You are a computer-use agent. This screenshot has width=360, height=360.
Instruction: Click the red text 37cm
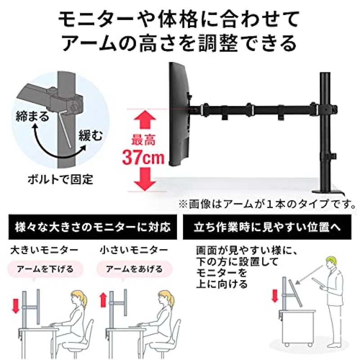pos(144,157)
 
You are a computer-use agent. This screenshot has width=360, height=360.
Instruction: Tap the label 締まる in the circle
pos(32,116)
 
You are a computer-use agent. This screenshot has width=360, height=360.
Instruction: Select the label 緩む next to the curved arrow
pos(91,135)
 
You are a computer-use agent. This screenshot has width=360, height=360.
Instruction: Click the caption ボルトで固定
pos(60,179)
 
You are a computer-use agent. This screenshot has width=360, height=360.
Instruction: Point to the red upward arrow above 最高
pos(145,120)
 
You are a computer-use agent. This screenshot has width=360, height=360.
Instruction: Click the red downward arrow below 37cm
pos(145,179)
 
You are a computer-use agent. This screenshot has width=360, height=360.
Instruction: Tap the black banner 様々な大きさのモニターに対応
pos(93,227)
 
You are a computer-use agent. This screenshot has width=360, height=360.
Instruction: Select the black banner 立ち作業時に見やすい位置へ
pos(267,227)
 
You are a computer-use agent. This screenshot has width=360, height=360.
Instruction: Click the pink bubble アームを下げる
pos(45,269)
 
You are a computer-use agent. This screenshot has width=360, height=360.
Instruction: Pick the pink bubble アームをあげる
pos(134,269)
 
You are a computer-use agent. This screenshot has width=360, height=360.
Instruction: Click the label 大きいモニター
pos(44,250)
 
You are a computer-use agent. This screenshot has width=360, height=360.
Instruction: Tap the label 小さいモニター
pos(134,250)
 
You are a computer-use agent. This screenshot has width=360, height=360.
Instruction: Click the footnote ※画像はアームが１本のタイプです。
pos(267,204)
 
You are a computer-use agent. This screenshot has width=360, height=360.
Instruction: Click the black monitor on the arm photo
pos(179,114)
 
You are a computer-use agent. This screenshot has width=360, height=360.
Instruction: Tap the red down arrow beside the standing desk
pos(274,296)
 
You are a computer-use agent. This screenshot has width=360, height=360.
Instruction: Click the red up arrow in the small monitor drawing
pos(104,300)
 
